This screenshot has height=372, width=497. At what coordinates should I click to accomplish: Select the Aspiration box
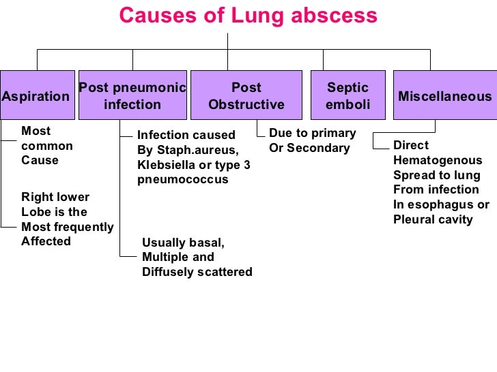37,95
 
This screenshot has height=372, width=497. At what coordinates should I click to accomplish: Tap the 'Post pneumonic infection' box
132,95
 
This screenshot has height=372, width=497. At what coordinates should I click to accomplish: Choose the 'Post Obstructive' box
246,95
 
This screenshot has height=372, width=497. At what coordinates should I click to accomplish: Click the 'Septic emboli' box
347,95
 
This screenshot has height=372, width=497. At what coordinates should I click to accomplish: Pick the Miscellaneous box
444,95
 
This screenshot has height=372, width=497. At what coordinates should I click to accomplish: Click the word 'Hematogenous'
438,160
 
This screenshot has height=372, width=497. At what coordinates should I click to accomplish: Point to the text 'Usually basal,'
183,243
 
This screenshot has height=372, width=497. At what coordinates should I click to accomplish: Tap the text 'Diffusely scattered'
197,272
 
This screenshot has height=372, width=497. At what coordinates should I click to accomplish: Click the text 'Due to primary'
312,133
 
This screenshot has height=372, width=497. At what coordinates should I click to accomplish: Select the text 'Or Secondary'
309,148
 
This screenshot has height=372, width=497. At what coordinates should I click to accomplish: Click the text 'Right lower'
55,197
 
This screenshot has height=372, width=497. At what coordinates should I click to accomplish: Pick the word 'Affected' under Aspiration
46,241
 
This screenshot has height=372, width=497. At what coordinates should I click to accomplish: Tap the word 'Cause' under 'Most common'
40,160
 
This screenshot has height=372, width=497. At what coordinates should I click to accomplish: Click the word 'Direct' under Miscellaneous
411,145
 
